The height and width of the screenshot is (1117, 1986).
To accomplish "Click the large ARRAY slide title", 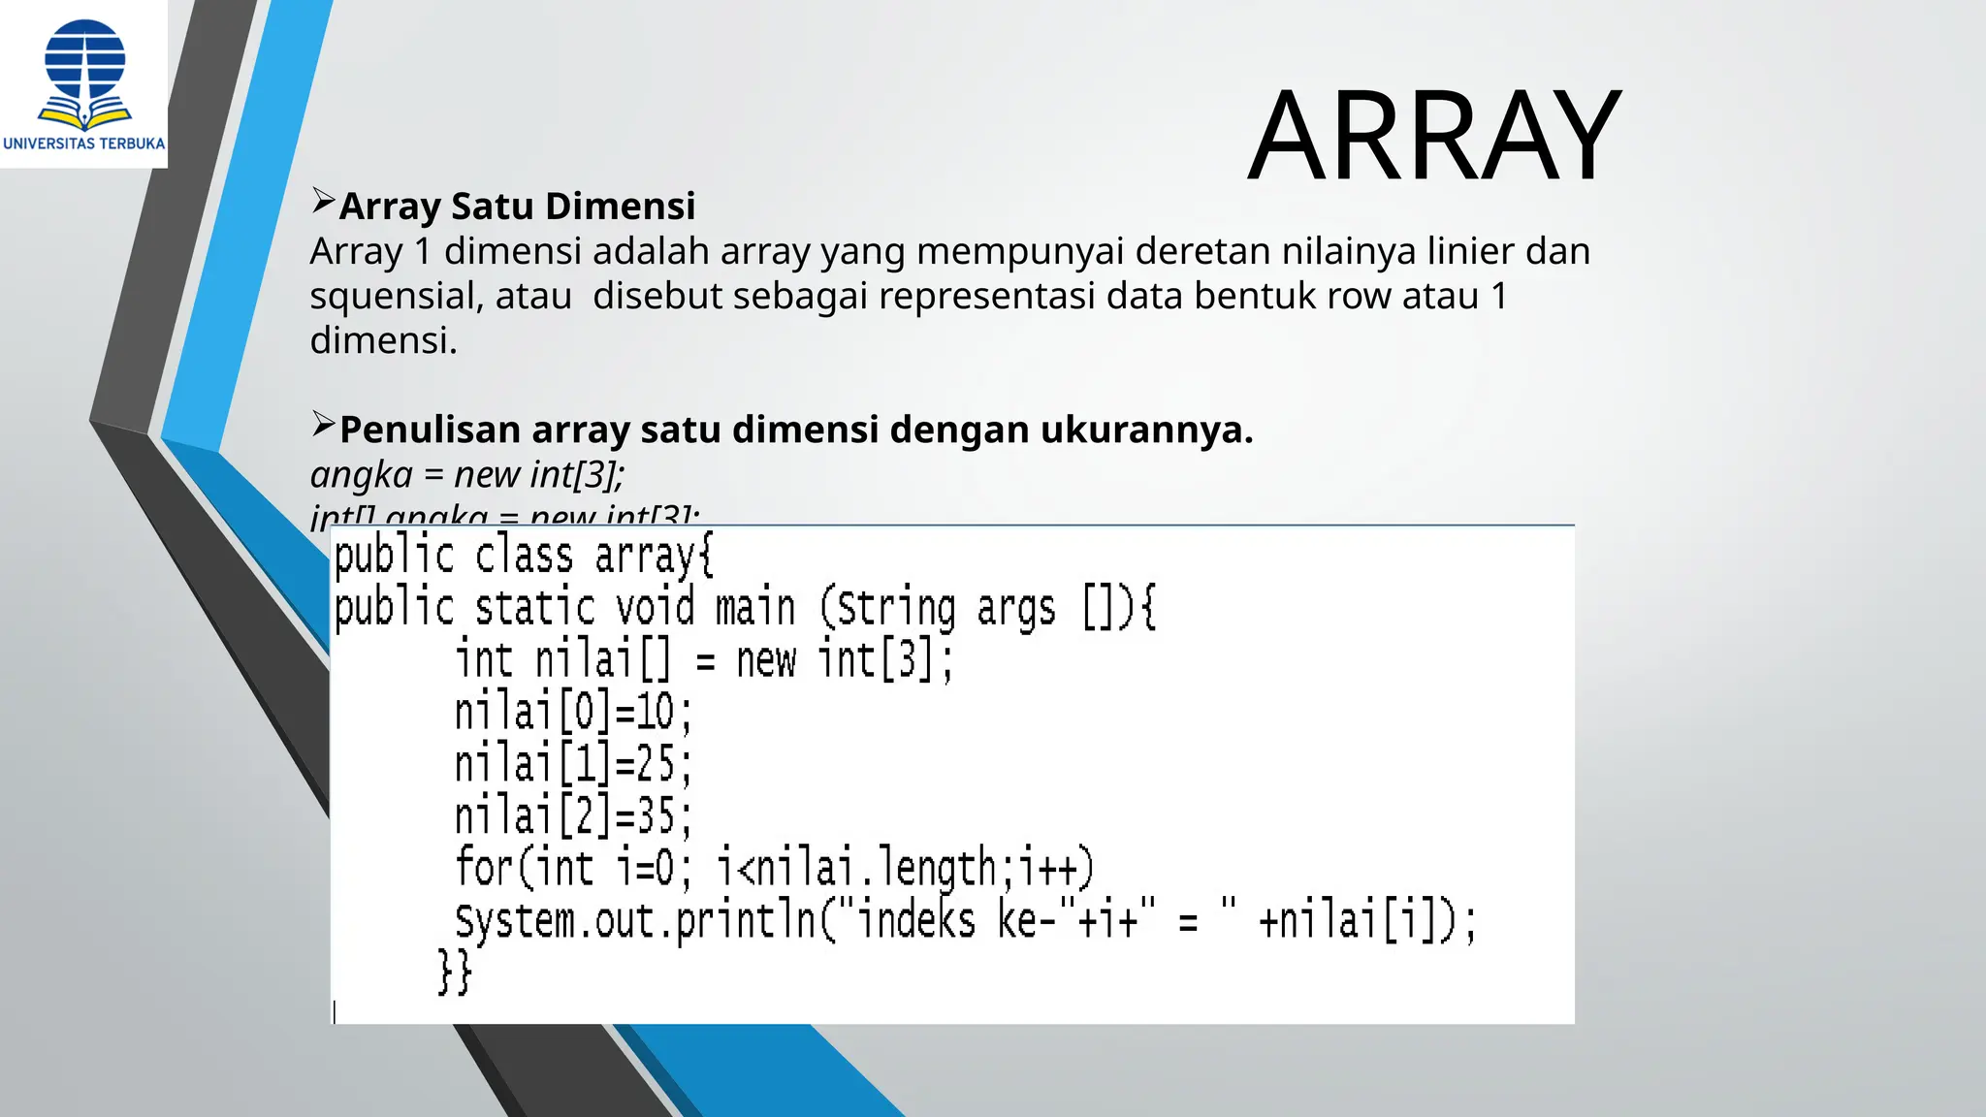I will (x=1433, y=136).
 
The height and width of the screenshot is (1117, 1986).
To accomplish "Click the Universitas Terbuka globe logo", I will (x=85, y=74).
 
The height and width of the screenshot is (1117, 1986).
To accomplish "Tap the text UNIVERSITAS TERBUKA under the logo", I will (x=84, y=144).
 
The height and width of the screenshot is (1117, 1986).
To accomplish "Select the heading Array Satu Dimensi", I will (x=517, y=207).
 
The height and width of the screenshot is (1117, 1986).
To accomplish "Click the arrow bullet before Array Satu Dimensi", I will (x=323, y=202).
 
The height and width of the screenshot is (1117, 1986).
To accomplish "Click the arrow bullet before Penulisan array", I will (x=323, y=425).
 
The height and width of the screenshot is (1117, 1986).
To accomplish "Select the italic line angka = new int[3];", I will (x=467, y=475).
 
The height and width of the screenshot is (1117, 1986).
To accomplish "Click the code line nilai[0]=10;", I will (x=573, y=713).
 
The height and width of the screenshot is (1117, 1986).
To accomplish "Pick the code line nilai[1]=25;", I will (x=573, y=764).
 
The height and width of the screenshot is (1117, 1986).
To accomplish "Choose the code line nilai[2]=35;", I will (x=573, y=815).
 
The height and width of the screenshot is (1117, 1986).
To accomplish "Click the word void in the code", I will (x=656, y=608).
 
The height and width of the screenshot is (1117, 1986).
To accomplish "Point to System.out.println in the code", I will (x=636, y=920).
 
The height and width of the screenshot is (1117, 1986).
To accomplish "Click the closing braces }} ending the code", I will (x=454, y=972).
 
